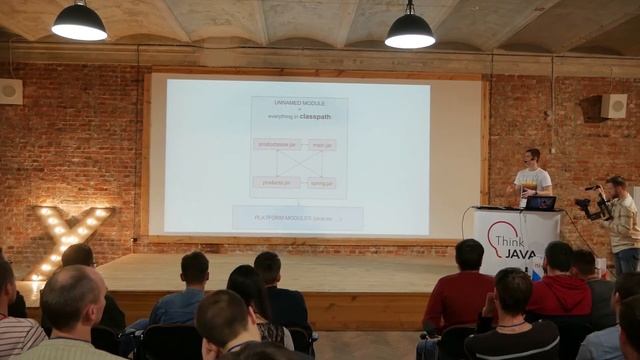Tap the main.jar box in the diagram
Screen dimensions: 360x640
[x=322, y=144]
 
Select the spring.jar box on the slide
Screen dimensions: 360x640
[x=322, y=183]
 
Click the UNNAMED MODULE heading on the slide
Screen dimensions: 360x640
[x=299, y=103]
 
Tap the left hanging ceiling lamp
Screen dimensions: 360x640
[x=79, y=22]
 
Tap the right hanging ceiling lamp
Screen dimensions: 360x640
[x=410, y=31]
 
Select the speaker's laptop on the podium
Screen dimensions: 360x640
[x=541, y=203]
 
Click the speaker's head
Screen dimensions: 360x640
[x=532, y=156]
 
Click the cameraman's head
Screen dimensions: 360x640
[x=616, y=186]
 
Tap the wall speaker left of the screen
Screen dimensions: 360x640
[x=10, y=91]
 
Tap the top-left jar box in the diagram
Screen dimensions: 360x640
[x=276, y=144]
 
